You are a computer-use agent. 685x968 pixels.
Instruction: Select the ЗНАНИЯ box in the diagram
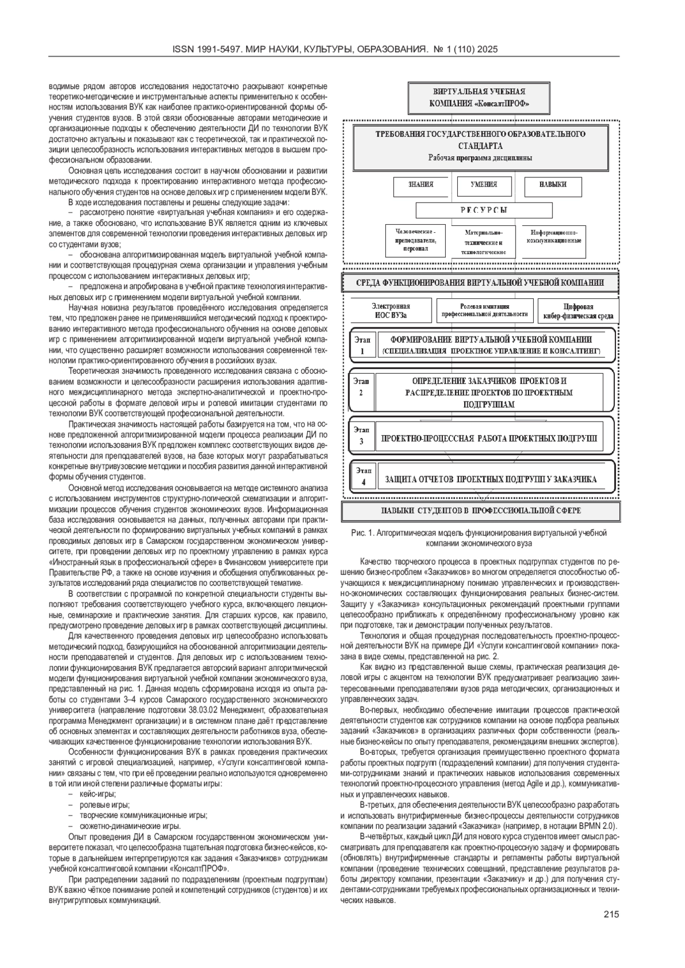pos(421,185)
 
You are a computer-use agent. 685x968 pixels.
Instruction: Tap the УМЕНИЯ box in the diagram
pos(483,185)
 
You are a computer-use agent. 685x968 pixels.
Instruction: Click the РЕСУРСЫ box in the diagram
pos(483,210)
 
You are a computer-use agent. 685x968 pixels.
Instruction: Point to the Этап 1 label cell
pos(362,345)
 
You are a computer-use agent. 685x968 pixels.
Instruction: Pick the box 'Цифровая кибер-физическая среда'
pos(578,311)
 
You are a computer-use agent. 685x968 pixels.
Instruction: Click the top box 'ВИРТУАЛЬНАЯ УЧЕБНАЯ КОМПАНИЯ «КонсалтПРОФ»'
pos(479,98)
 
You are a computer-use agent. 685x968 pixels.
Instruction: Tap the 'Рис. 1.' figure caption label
pos(362,533)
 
